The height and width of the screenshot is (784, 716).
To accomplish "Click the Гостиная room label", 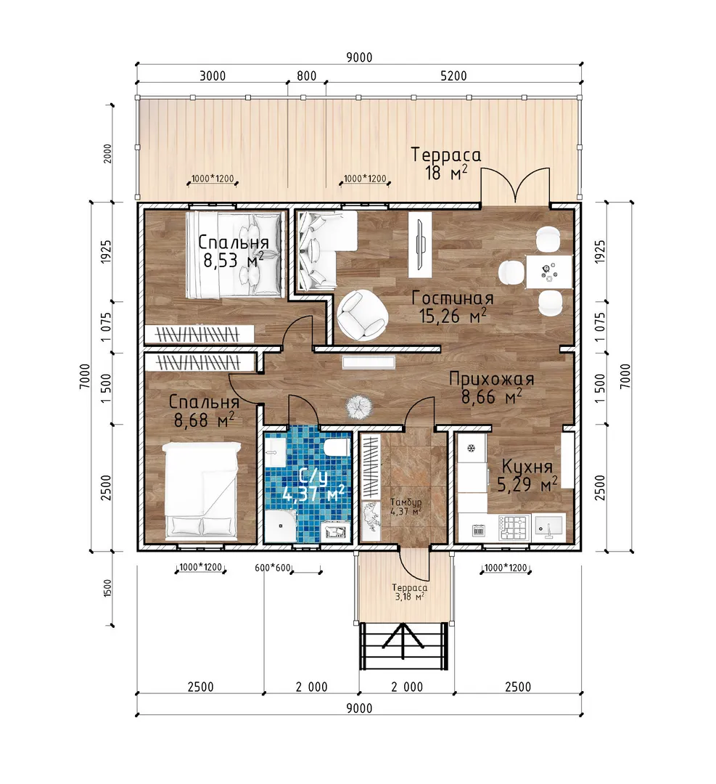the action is coord(453,298).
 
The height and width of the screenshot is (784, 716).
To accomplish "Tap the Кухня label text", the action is coord(527,467).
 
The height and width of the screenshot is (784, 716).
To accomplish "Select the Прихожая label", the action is coord(492,379).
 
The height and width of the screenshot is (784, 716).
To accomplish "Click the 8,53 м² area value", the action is coord(234,260).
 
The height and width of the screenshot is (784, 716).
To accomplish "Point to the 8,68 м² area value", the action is coord(204,420).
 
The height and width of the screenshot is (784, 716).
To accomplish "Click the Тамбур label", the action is coord(406,502).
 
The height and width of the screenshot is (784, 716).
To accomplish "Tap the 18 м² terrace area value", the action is coord(446,173).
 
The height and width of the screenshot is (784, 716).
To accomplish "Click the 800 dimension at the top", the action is coord(306,76).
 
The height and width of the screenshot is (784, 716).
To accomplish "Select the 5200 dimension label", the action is coord(453,76).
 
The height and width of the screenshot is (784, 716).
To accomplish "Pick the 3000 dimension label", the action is coord(213,76).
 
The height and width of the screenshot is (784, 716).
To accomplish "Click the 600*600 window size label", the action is coord(273,568).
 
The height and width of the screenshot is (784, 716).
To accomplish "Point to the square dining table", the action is coord(548,271).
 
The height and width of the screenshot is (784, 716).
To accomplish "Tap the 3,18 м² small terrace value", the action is coord(409,597).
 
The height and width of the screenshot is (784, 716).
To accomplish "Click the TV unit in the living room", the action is coord(420,245).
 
